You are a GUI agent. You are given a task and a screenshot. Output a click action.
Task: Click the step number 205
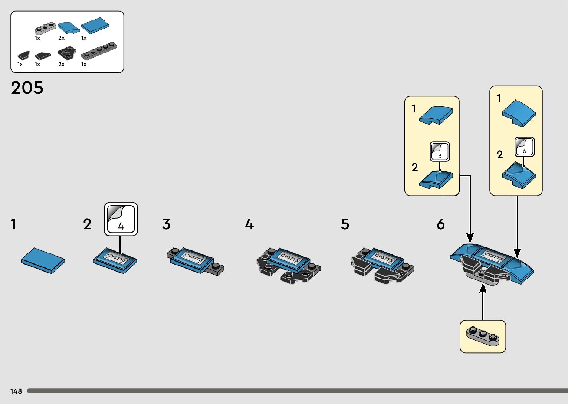pos(27,88)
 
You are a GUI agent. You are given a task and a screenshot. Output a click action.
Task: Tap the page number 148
pos(16,391)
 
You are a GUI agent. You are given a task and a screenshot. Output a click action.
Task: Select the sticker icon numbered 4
pos(121,219)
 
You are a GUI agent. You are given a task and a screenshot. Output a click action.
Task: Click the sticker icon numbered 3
pos(440,151)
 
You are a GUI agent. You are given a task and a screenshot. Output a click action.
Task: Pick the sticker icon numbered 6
pos(524,147)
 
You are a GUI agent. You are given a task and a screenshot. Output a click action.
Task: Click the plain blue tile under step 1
pos(43,260)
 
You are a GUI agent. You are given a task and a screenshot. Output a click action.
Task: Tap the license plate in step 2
pos(116,258)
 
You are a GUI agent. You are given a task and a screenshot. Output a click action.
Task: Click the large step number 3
pos(167,224)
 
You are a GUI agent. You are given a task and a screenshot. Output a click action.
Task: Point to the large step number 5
pos(345,224)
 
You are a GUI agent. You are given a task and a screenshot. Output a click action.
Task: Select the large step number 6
pos(440,224)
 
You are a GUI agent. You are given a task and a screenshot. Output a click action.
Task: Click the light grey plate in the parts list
pos(45,28)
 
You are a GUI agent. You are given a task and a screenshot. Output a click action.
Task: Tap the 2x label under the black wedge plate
pos(61,64)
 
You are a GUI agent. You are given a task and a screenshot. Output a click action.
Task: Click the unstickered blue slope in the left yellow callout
pos(436,115)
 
